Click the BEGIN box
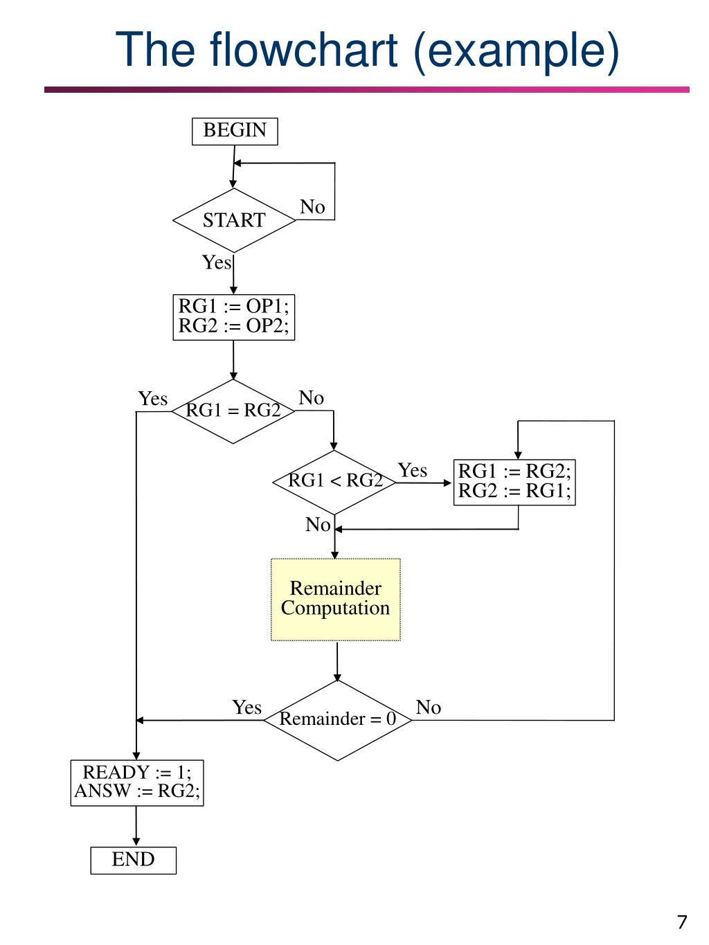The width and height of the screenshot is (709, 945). (235, 131)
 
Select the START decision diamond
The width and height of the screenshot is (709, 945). (234, 220)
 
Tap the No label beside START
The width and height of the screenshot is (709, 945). (312, 207)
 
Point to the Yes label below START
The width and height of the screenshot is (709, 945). (216, 262)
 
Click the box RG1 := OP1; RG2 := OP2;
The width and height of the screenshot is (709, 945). (234, 316)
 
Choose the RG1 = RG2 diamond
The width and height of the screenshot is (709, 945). (233, 411)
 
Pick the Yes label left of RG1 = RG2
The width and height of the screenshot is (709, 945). (153, 399)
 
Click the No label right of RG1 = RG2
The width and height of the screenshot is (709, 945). (312, 398)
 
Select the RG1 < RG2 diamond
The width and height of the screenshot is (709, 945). (335, 481)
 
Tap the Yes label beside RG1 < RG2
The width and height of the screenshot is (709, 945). (413, 471)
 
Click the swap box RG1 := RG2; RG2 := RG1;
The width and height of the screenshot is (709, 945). (514, 482)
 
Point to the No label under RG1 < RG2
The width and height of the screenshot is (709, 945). (318, 525)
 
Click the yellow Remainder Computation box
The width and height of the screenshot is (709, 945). (336, 600)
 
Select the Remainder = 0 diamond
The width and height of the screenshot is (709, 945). (338, 720)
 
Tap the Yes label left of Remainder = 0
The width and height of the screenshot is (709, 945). (247, 708)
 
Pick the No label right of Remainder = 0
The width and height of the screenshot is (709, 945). (429, 708)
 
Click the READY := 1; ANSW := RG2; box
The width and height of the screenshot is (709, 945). (137, 782)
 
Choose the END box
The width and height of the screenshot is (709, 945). (134, 860)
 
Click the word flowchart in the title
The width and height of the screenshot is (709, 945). (305, 51)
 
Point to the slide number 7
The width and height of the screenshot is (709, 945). (682, 922)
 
